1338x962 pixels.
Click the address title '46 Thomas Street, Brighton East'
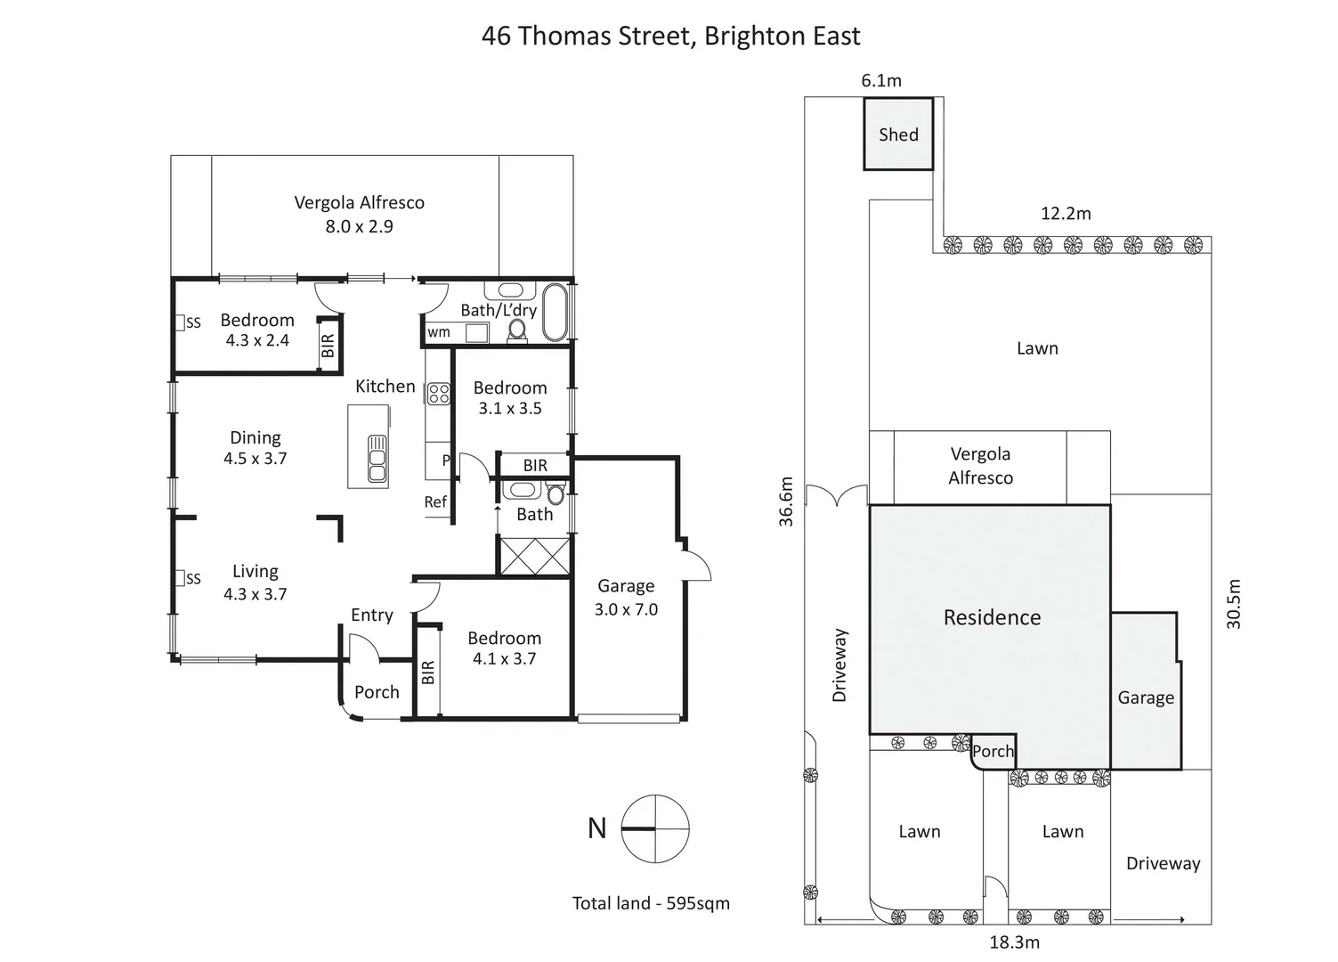point(670,36)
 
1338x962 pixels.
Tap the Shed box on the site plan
point(898,135)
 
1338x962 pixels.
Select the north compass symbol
point(654,828)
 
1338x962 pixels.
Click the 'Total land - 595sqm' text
point(651,903)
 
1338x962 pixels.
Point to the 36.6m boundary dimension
point(786,502)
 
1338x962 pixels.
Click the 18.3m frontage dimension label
point(1014,942)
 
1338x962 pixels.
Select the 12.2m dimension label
point(1066,214)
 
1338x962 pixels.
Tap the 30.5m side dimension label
point(1234,604)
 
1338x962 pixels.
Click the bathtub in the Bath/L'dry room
point(555,313)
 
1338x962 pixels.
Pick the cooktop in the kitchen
point(439,393)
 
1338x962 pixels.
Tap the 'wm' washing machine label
point(439,332)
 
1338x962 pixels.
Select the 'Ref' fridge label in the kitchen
point(435,502)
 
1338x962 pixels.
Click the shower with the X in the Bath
point(534,557)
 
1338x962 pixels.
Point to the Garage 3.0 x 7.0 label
point(626,598)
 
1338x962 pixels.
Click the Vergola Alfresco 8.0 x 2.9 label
point(359,214)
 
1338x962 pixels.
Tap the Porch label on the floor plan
point(377,692)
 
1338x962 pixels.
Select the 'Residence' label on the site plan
point(992,617)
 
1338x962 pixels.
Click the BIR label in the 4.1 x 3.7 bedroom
point(427,672)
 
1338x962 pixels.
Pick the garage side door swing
point(697,565)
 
